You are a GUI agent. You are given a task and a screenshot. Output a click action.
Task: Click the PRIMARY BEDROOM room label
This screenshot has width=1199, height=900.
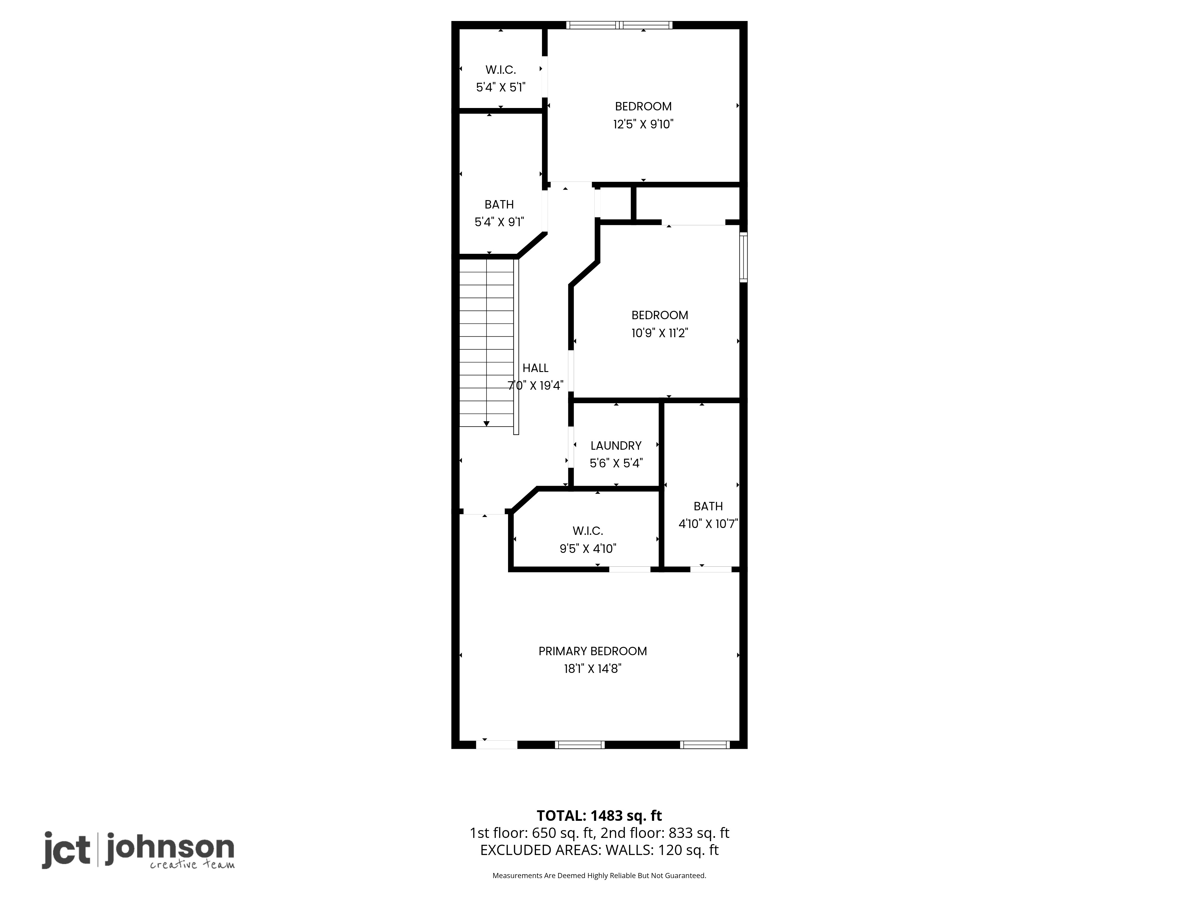[x=592, y=651]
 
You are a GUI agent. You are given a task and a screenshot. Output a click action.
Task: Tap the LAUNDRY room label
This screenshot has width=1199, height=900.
[x=616, y=445]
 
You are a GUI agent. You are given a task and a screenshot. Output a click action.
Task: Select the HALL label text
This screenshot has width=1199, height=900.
[x=536, y=368]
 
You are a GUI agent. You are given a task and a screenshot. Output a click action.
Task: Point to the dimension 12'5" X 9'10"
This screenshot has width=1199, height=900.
[x=643, y=124]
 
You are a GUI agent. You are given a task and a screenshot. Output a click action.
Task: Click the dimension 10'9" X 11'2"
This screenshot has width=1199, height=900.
[x=660, y=332]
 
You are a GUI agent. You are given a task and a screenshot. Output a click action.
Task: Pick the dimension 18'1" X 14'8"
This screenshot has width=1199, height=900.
[x=592, y=668]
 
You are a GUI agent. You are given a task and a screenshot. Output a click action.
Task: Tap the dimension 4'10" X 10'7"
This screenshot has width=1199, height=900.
[x=708, y=523]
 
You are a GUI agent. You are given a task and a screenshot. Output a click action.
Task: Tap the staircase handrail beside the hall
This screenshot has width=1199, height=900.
[x=516, y=347]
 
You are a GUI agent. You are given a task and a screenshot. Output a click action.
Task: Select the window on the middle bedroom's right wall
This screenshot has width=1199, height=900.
[x=744, y=257]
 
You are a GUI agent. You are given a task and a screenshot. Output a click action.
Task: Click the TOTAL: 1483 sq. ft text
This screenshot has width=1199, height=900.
[x=599, y=816]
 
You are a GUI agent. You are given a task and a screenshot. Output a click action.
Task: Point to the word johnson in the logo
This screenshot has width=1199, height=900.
[x=170, y=850]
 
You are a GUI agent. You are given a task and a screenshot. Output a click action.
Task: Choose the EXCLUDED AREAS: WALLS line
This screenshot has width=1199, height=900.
[x=599, y=850]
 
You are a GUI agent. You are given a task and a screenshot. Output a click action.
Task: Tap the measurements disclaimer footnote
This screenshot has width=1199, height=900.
[x=599, y=876]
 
